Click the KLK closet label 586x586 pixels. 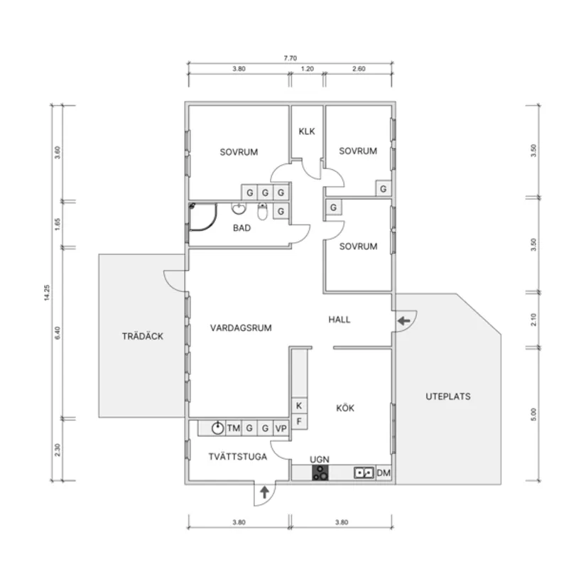tap(307, 131)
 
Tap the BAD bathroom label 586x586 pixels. tap(243, 228)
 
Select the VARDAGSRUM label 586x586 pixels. tap(241, 327)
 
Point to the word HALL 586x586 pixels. tap(339, 320)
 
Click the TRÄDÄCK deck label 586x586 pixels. tap(142, 336)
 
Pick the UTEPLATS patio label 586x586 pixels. tap(447, 396)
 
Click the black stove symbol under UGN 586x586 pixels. tap(320, 473)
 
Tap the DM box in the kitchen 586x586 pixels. tap(384, 473)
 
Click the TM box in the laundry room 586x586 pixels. tap(233, 428)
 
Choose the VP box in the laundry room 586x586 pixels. tap(281, 428)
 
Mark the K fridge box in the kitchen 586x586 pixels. tap(299, 406)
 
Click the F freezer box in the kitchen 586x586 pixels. tap(299, 421)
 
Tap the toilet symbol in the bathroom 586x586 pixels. tap(262, 212)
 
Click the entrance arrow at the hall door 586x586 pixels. tap(403, 322)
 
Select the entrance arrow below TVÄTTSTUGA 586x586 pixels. tap(265, 491)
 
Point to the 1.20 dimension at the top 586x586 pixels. tap(307, 70)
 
